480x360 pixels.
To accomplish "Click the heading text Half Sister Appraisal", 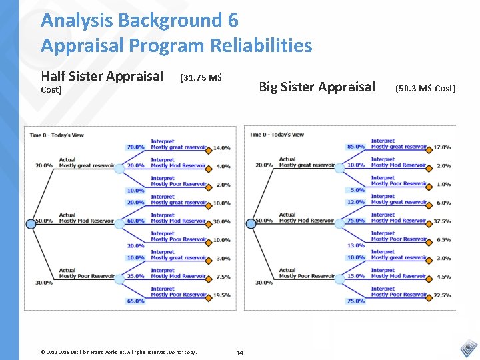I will click(x=101, y=76).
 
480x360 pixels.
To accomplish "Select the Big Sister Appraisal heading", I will click(x=317, y=87).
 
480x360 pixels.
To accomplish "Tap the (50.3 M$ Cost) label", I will click(x=425, y=88).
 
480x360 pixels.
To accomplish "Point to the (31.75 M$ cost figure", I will click(x=201, y=77).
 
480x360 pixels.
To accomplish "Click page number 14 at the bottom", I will click(x=240, y=351).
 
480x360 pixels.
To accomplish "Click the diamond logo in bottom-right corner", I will click(x=469, y=347).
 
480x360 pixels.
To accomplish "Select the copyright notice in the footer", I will click(x=119, y=351).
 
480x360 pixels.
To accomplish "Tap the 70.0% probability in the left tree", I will click(x=135, y=147).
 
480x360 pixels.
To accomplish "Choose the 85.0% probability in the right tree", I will click(x=355, y=147).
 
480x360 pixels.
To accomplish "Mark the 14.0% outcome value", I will click(x=222, y=148).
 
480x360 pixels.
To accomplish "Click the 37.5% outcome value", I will click(x=441, y=221).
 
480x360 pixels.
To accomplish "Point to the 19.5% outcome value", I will click(x=222, y=295).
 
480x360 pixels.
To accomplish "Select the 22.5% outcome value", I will click(x=441, y=295).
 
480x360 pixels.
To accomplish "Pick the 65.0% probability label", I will click(x=135, y=301).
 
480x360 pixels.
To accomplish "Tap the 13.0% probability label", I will click(x=355, y=245).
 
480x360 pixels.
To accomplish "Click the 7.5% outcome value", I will click(x=223, y=277).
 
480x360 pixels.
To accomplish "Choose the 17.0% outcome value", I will click(x=441, y=147).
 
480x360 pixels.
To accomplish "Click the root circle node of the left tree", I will click(x=31, y=224).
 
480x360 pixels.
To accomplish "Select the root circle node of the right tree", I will click(x=251, y=224).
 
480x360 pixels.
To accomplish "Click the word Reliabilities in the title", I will click(x=261, y=45).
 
